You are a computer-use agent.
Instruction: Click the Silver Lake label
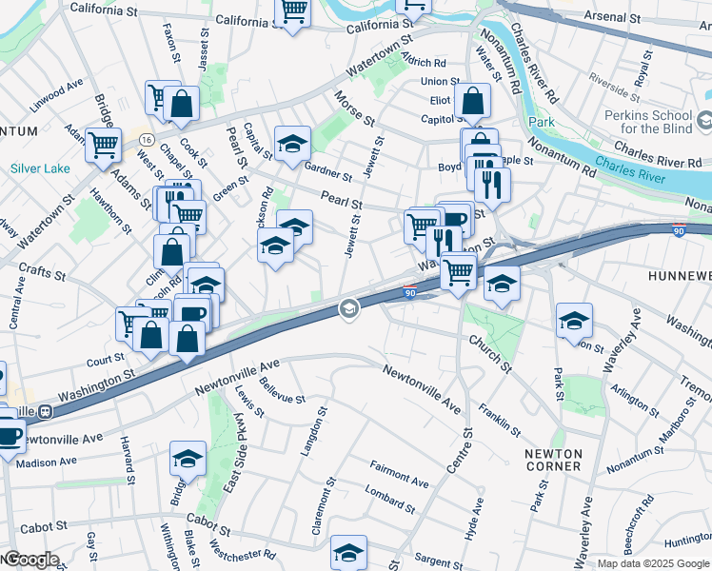pos(40,168)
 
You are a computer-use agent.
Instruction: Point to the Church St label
pos(488,353)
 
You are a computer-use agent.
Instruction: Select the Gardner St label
pos(328,168)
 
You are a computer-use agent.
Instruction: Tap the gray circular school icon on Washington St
pos(349,308)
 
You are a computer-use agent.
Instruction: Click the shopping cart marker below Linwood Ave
pos(103,146)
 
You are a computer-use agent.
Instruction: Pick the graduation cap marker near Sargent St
pos(348,552)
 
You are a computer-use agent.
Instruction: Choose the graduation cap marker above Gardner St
pos(293,143)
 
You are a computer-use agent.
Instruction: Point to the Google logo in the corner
pos(30,560)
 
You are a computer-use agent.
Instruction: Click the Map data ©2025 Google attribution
pos(652,563)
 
